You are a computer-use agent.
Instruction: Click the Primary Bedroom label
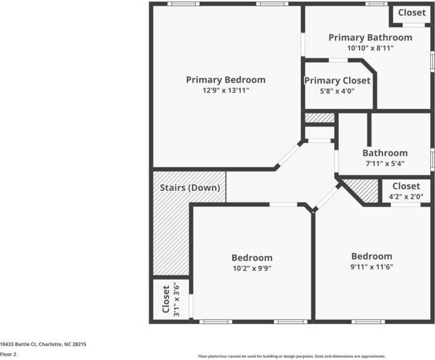pyautogui.click(x=225, y=80)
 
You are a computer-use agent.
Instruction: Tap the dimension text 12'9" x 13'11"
pyautogui.click(x=225, y=91)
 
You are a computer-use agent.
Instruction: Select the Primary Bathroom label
pyautogui.click(x=370, y=37)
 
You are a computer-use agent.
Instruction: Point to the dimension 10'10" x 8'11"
pyautogui.click(x=370, y=48)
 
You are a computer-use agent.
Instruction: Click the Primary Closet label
pyautogui.click(x=337, y=81)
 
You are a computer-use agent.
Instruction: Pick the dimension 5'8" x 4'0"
pyautogui.click(x=337, y=91)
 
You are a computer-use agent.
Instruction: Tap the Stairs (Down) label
pyautogui.click(x=189, y=187)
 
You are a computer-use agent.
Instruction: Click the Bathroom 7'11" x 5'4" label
pyautogui.click(x=385, y=153)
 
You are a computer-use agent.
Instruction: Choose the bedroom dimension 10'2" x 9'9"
pyautogui.click(x=252, y=268)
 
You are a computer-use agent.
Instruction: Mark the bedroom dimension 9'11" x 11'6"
pyautogui.click(x=372, y=266)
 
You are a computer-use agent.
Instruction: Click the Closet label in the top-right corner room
pyautogui.click(x=411, y=13)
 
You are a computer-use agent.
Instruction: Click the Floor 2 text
pyautogui.click(x=8, y=355)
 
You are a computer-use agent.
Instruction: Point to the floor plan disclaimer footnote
pyautogui.click(x=291, y=356)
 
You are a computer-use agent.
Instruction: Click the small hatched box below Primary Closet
pyautogui.click(x=319, y=117)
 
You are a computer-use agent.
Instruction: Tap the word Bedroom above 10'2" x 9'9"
pyautogui.click(x=252, y=258)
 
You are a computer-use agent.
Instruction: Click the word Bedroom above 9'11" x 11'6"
pyautogui.click(x=372, y=256)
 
